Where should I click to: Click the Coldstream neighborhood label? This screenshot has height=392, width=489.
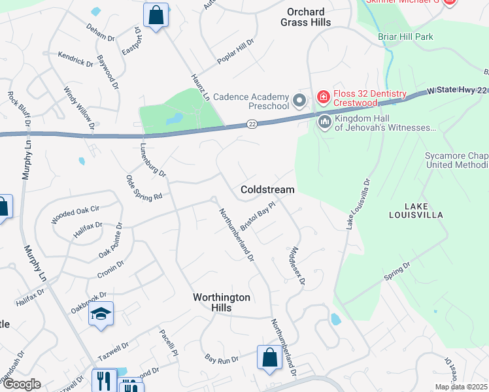(267, 189)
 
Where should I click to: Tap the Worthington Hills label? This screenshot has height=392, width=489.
(222, 302)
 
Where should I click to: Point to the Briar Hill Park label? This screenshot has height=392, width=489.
(405, 37)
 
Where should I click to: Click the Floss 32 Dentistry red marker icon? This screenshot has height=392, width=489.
(323, 97)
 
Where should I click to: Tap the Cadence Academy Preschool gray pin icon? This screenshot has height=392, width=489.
(300, 101)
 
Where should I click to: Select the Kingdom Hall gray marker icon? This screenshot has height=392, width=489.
(324, 122)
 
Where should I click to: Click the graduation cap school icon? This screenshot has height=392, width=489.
(101, 314)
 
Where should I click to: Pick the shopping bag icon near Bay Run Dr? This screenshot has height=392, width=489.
(269, 357)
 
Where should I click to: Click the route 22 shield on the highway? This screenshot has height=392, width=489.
(252, 123)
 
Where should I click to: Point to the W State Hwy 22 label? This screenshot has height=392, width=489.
(458, 91)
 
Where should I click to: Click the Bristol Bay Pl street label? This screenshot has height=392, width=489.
(259, 216)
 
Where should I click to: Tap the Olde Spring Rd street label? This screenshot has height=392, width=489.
(144, 188)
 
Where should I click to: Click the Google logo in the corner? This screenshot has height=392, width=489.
(21, 385)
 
